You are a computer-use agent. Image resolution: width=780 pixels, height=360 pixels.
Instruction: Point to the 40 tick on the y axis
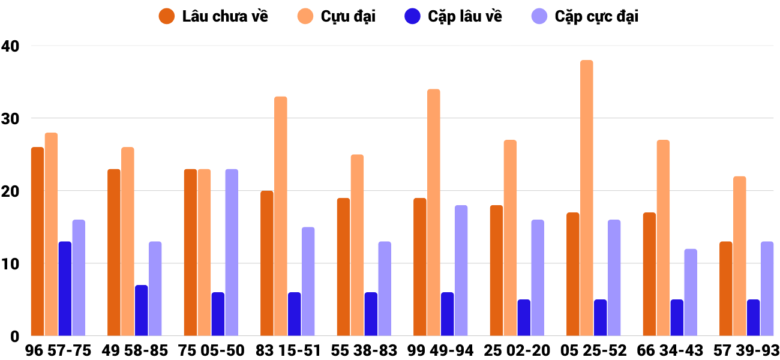click(10, 46)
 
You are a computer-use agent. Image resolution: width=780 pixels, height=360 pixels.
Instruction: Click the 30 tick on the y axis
click(10, 119)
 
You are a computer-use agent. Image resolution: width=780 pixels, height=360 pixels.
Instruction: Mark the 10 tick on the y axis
click(10, 264)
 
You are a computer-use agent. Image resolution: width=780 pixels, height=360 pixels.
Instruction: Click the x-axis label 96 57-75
click(58, 350)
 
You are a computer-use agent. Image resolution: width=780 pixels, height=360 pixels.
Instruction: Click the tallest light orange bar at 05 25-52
click(586, 198)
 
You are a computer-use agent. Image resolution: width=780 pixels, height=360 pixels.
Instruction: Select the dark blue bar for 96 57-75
click(65, 289)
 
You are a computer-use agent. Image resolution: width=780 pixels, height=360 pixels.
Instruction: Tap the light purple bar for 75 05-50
click(232, 253)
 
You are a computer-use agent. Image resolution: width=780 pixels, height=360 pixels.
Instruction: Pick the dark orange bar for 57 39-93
click(725, 289)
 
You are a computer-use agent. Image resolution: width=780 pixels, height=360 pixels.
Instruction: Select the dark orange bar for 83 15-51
click(266, 263)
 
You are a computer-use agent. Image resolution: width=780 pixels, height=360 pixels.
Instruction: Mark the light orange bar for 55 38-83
click(357, 245)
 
